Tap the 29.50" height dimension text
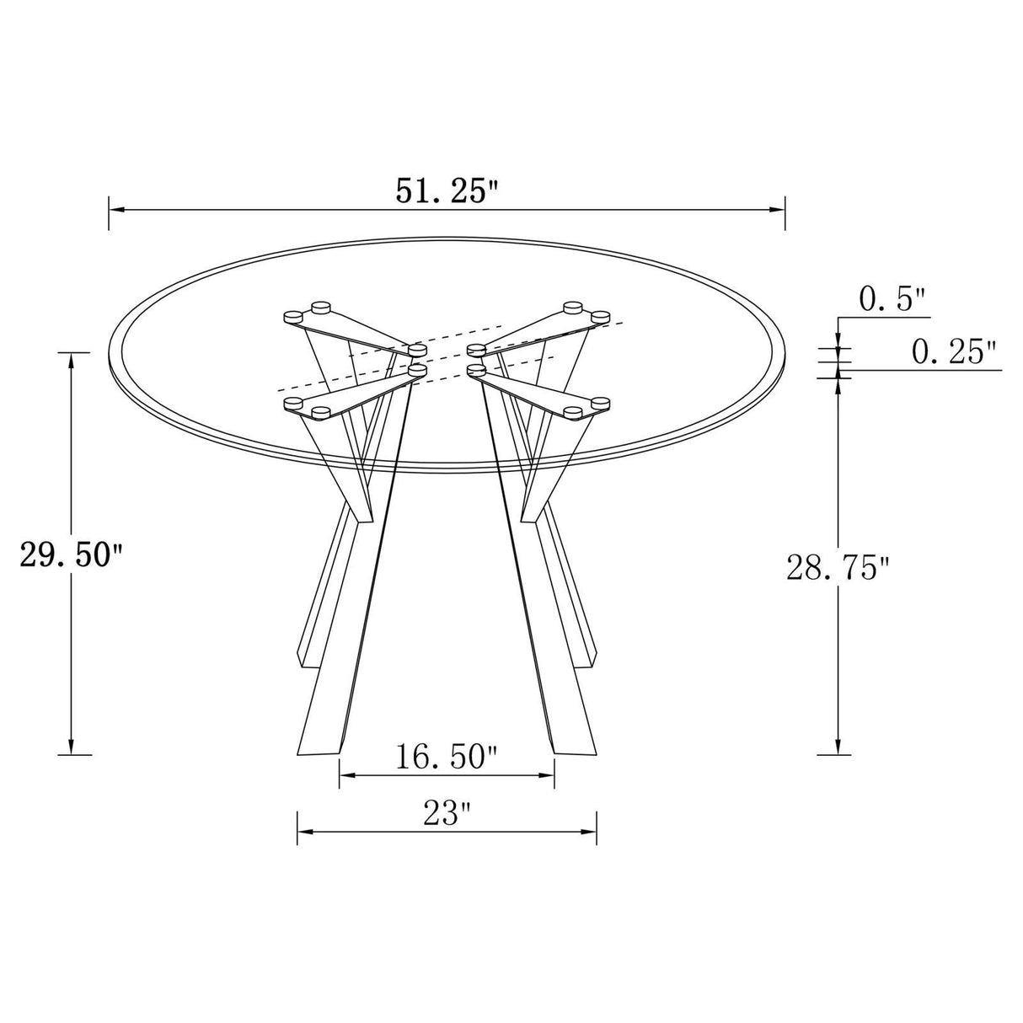[x=72, y=557]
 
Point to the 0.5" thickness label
[x=892, y=299]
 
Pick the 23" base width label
[x=447, y=814]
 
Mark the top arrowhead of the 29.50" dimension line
[x=72, y=359]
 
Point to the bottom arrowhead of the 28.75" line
[x=838, y=747]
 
